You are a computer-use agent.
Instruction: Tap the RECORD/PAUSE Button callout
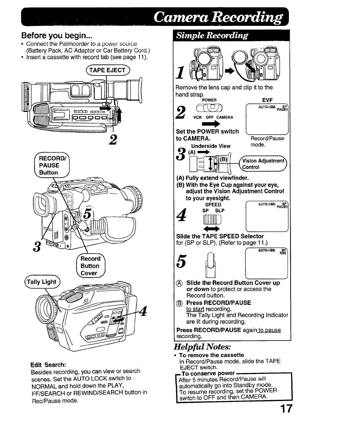pyautogui.click(x=49, y=166)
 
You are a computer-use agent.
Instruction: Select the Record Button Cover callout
pyautogui.click(x=90, y=266)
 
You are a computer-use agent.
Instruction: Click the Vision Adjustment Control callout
pyautogui.click(x=263, y=164)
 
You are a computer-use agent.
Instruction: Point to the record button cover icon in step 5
pyautogui.click(x=210, y=264)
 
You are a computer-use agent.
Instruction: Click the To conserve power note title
pyautogui.click(x=208, y=373)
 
